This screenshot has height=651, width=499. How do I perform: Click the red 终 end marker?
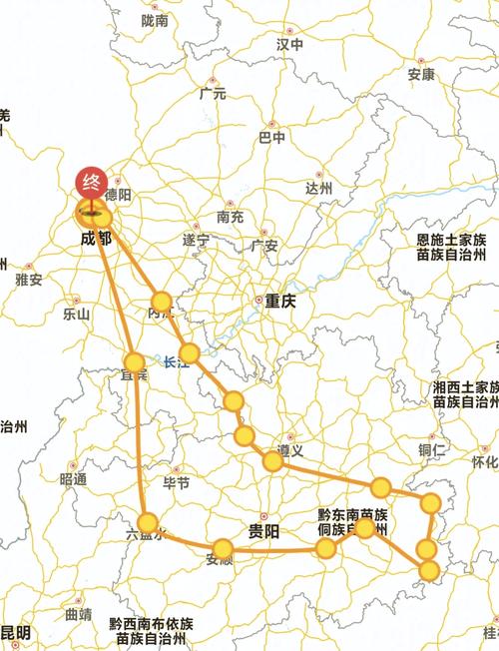(x=91, y=184)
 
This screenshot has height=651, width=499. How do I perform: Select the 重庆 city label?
(x=280, y=301)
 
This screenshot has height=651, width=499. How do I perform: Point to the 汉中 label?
(x=289, y=45)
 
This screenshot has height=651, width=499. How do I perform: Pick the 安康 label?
(x=421, y=75)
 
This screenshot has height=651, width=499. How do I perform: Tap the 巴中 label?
(x=271, y=137)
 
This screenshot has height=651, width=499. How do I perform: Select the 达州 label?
(x=318, y=187)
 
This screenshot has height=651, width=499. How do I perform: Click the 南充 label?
(x=229, y=217)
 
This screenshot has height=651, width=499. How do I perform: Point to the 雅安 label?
(x=29, y=281)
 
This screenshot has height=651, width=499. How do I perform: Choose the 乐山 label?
(x=76, y=314)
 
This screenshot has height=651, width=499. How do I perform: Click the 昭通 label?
(x=73, y=479)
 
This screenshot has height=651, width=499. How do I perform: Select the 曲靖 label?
(x=77, y=613)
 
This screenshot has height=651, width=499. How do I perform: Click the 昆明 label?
(x=15, y=632)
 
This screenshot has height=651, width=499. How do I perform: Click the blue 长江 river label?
(x=177, y=363)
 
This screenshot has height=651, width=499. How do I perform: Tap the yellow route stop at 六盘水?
(x=149, y=522)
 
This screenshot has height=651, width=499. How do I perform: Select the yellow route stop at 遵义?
(x=272, y=461)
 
